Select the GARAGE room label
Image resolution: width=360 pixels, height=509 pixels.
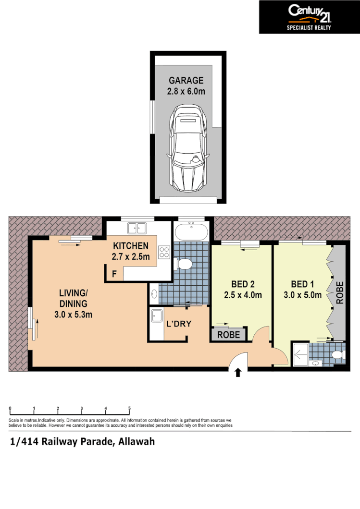point(186,81)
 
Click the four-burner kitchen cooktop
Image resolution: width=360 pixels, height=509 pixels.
point(164,252)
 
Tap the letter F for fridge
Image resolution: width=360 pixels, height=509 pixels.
point(114,275)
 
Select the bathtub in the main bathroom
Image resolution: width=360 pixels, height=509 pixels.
point(191,232)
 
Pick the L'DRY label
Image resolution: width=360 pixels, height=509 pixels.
point(179,324)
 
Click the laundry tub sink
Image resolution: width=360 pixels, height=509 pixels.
point(157,316)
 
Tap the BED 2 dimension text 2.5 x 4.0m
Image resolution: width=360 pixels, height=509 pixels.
point(243,295)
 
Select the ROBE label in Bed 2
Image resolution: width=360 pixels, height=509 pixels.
point(229,335)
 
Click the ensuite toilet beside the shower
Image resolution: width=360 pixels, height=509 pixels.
point(337,355)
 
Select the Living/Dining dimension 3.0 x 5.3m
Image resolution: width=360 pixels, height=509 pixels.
point(73,315)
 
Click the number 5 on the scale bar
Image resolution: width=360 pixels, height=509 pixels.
point(129,409)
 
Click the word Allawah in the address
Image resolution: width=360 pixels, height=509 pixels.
point(136,441)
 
